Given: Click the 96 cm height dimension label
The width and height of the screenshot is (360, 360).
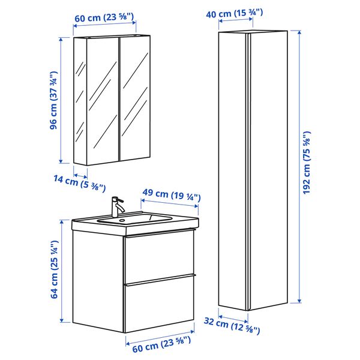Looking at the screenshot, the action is point(53,100).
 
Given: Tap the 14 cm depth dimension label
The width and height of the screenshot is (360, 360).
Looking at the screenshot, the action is point(80,183).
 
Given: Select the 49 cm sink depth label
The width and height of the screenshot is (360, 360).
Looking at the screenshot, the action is point(172,194).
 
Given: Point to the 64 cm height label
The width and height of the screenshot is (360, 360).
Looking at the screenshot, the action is point(54,269).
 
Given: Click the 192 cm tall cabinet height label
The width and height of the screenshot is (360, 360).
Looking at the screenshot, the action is point(307,163).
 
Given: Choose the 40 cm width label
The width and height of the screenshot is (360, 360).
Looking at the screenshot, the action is point(235,13).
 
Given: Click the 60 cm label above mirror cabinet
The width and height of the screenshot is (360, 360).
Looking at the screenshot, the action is point(104,17).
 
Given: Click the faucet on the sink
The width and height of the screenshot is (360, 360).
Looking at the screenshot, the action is point(116,206).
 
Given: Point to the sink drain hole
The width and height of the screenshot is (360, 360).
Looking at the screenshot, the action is point(122,220).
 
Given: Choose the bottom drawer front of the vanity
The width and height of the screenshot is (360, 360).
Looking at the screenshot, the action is point(159,304).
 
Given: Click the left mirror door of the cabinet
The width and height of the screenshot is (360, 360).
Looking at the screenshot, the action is point(103,101).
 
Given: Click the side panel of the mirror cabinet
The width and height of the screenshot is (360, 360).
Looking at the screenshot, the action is point(80,101).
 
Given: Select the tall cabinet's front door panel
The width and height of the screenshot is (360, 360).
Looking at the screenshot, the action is point(268,169).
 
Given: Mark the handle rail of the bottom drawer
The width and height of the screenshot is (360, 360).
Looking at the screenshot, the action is point(160,280).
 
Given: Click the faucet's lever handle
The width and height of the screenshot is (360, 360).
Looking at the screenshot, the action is point(119,200).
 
